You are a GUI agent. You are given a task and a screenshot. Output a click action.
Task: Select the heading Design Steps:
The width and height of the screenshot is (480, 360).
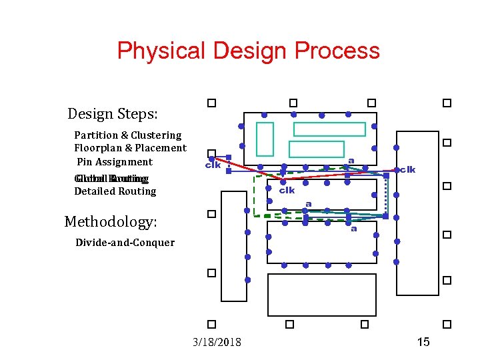tap(113, 114)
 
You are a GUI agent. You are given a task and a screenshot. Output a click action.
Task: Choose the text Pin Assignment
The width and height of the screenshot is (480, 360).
tap(115, 162)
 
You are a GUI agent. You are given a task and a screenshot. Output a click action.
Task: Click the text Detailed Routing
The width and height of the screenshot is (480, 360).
tap(115, 191)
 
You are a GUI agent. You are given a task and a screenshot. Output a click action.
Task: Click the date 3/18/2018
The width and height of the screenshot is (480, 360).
tap(217, 343)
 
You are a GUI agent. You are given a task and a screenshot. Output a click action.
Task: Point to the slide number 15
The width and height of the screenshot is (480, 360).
tap(423, 342)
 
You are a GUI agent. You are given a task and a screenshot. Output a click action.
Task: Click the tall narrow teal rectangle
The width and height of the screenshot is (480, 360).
tap(265, 139)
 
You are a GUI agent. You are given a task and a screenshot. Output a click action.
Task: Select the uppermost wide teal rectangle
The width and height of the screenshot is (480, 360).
tap(329, 129)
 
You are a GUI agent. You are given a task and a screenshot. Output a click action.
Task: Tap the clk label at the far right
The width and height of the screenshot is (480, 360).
tap(407, 170)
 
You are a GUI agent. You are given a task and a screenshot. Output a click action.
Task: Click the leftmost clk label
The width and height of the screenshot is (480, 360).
tap(213, 165)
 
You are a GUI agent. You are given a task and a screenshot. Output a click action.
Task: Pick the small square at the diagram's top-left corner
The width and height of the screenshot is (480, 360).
tap(211, 103)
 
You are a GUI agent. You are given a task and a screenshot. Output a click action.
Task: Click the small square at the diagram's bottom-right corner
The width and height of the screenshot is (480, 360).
tap(447, 324)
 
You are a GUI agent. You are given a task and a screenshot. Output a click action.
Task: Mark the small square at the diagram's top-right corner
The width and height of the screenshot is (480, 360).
tap(447, 103)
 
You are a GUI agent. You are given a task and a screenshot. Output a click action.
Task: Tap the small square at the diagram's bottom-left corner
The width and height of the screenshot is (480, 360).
tap(211, 324)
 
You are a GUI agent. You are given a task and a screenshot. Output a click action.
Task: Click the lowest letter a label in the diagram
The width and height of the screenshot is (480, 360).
tap(353, 229)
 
